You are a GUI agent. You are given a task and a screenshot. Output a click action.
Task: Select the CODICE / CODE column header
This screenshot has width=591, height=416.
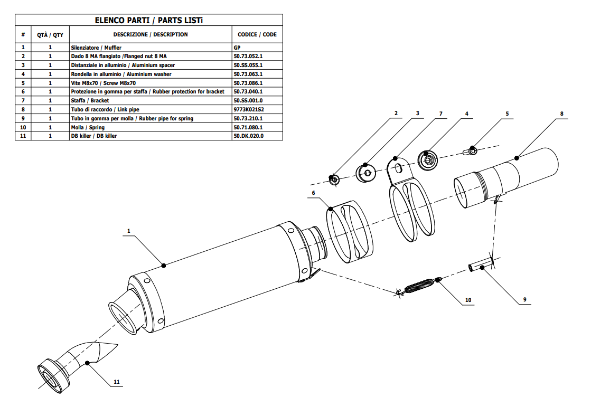coord(257,35)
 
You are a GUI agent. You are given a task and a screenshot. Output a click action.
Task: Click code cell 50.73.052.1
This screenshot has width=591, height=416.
coord(248,56)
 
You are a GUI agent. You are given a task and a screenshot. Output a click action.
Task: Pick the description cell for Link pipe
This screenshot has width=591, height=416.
coord(105,110)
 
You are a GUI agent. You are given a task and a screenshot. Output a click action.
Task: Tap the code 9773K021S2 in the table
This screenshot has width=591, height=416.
coord(248,110)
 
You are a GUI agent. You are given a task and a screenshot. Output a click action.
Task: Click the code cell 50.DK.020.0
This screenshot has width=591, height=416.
coord(248,136)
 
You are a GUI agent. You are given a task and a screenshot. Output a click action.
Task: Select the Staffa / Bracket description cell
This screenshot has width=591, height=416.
coord(90,101)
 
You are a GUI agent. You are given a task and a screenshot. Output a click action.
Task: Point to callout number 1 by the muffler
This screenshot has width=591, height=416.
coord(128,231)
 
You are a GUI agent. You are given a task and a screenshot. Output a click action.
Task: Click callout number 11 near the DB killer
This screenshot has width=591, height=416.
coord(117,382)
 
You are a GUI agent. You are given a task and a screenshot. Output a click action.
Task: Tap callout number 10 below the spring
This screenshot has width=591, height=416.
coord(468,300)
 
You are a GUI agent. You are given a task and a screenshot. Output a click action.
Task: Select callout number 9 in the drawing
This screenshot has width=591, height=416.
coord(524,300)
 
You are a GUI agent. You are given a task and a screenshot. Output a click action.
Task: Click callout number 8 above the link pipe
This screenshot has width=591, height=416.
coord(561,114)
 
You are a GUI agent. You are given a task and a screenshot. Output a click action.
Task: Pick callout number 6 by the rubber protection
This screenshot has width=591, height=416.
coord(313,193)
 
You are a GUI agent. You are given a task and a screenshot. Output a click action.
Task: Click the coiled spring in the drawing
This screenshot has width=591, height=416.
coord(420,286)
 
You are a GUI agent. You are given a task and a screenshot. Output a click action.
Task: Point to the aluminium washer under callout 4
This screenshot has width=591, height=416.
coord(428,158)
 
